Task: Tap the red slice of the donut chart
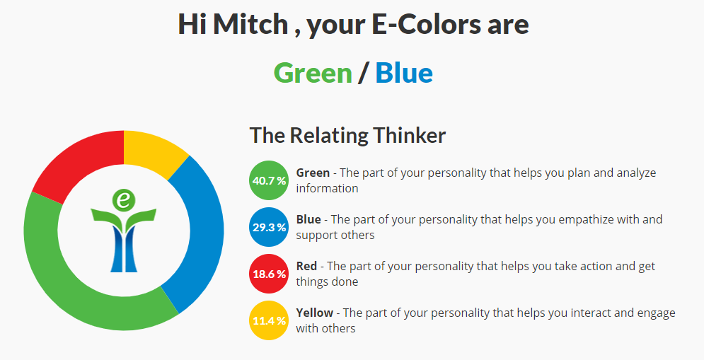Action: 76,166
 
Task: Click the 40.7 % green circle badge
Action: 269,180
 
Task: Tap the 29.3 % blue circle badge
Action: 269,227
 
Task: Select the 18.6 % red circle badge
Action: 269,274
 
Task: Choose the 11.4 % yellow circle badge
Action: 269,320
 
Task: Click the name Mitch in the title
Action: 250,24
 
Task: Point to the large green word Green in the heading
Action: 313,73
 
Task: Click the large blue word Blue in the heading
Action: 404,73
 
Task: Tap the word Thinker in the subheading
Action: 409,135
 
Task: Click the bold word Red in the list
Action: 306,266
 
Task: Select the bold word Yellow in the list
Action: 315,313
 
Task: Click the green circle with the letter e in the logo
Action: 124,199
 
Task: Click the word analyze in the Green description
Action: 636,173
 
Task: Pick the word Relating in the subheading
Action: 329,135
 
